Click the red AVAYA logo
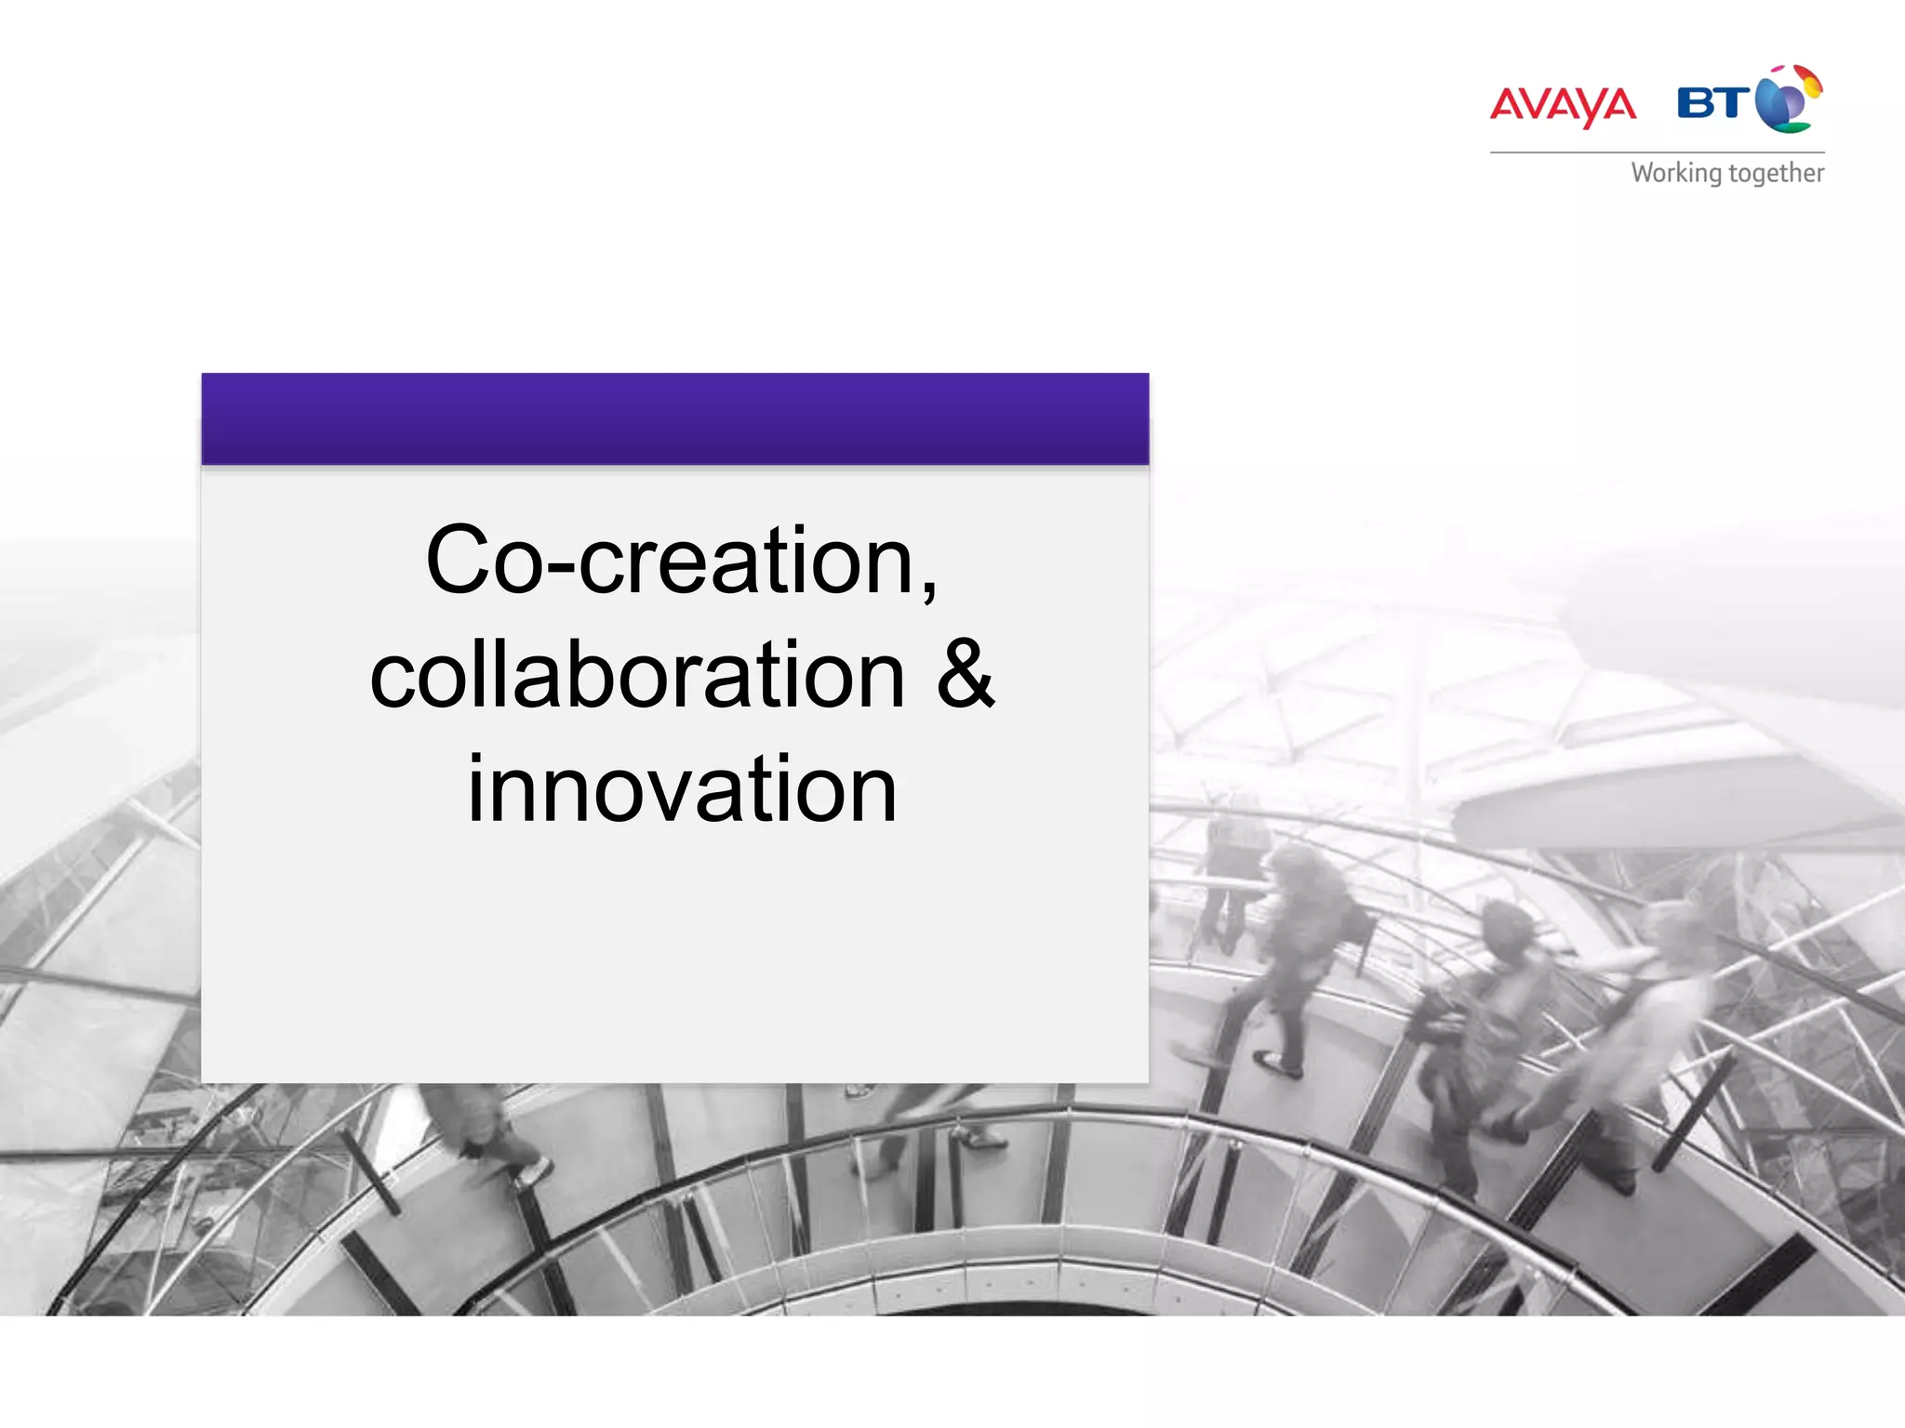click(1563, 105)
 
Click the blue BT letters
click(1712, 102)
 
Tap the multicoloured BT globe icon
click(1789, 99)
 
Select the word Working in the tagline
click(1676, 174)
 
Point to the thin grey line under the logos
click(1657, 152)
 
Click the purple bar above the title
click(675, 418)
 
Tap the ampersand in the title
click(965, 674)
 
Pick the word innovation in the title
click(682, 789)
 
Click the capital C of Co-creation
click(458, 560)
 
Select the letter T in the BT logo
click(1732, 102)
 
